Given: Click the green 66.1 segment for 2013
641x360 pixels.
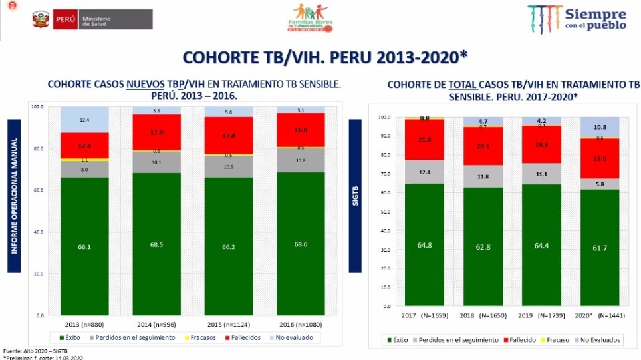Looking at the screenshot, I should [x=85, y=246].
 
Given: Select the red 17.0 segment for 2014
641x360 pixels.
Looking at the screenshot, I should [x=156, y=132].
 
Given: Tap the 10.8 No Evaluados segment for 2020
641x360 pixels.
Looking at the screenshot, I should [x=600, y=127].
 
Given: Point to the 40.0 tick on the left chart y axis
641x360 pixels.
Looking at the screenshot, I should [x=37, y=232].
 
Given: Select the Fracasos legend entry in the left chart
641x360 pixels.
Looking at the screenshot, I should [x=200, y=337].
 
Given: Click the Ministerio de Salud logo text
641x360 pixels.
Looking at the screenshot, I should [x=96, y=19].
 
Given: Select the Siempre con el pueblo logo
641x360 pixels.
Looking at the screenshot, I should [x=577, y=19].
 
